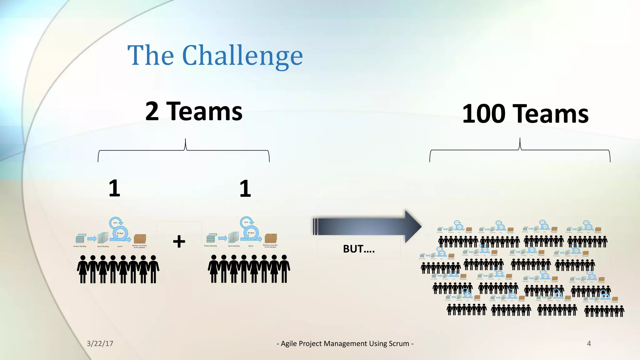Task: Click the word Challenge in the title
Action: tap(242, 56)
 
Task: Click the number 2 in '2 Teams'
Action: tap(152, 111)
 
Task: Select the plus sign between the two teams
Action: tap(179, 242)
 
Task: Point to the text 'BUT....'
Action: tap(359, 249)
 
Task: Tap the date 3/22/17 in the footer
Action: tap(100, 343)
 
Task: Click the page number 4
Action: tap(589, 343)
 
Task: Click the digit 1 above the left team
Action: tap(114, 188)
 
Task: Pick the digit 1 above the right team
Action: tap(245, 188)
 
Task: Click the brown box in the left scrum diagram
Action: tap(140, 239)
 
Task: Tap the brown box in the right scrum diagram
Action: tap(271, 238)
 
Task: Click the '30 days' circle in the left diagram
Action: tap(120, 233)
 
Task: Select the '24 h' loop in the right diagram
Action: tap(246, 222)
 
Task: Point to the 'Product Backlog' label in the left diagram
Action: tap(80, 247)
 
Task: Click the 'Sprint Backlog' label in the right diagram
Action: tap(234, 246)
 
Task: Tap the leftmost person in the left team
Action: tap(83, 269)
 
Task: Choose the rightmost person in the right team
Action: tap(284, 269)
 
